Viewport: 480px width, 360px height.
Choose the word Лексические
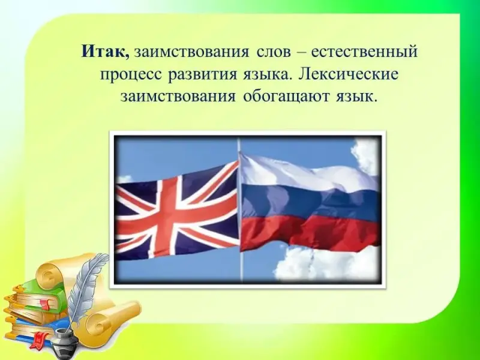coord(349,74)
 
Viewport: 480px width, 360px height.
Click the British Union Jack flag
coord(178,211)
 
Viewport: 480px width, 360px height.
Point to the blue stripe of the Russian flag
coord(309,200)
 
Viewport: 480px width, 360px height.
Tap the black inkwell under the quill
coord(65,341)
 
